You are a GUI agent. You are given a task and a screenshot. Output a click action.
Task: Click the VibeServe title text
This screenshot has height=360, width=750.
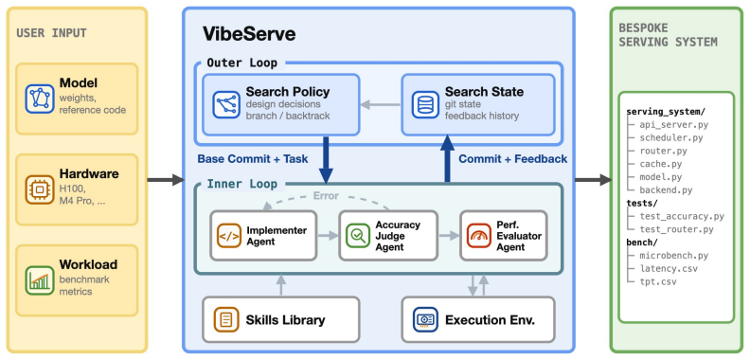click(249, 34)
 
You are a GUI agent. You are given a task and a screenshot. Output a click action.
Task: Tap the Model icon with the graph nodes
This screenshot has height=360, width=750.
click(40, 99)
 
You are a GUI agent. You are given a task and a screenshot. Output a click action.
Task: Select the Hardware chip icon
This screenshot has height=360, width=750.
click(40, 189)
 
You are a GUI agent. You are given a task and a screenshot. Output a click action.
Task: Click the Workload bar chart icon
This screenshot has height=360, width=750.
click(40, 280)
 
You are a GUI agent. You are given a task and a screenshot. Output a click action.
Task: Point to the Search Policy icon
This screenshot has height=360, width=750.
click(226, 105)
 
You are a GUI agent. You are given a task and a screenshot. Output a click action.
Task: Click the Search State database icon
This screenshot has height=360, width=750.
click(425, 105)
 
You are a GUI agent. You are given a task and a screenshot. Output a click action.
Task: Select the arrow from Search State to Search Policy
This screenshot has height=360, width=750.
click(381, 105)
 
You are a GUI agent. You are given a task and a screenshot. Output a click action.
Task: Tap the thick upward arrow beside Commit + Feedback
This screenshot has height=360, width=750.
click(448, 158)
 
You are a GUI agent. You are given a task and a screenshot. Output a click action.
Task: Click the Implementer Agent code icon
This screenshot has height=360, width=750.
click(228, 236)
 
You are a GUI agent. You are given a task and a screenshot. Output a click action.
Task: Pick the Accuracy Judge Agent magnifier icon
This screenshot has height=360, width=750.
click(357, 236)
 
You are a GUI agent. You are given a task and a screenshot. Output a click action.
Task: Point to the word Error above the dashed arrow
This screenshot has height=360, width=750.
click(326, 196)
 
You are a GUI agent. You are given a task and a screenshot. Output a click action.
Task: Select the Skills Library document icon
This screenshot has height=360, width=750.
click(226, 320)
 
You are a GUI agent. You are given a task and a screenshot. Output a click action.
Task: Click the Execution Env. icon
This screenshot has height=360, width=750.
click(425, 320)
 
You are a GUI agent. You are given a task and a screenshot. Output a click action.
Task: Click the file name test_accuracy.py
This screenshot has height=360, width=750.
click(682, 216)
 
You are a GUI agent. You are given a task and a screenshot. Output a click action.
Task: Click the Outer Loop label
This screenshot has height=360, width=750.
click(242, 63)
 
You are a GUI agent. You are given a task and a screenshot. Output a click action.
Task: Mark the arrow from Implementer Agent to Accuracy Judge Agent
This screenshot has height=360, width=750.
click(328, 236)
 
